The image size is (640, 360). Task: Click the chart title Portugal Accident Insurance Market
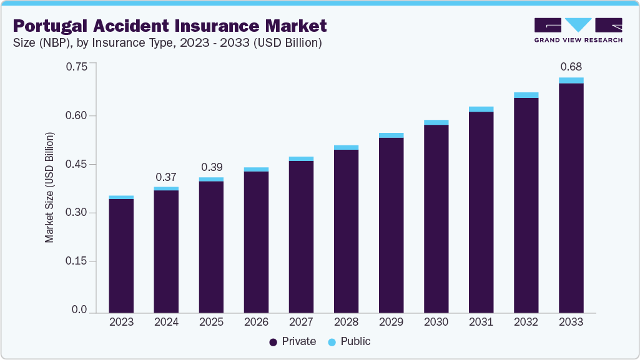pos(169,26)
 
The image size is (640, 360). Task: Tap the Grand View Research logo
pos(578,30)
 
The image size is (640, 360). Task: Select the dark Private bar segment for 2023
pos(121,255)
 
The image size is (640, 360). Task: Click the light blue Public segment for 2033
pos(571,80)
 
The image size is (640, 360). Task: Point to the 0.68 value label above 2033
pos(571,66)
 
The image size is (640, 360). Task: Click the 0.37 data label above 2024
pos(166,177)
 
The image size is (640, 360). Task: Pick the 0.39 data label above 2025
pos(211,167)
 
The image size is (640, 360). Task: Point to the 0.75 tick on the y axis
pos(77,67)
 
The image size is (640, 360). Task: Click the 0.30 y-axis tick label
pos(77,213)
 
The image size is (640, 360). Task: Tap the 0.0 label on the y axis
pos(80,310)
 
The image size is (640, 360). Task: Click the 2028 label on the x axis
pos(346,322)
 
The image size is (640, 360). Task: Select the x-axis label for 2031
pos(481,322)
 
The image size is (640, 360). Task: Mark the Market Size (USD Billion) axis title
pos(49,188)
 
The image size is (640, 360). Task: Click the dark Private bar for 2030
pos(436,218)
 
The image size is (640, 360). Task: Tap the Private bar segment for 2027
pos(301,236)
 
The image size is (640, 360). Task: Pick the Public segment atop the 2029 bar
pos(391,135)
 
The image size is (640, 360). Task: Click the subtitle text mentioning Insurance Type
pos(167,43)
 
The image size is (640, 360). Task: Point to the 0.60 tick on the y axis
pos(77,115)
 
